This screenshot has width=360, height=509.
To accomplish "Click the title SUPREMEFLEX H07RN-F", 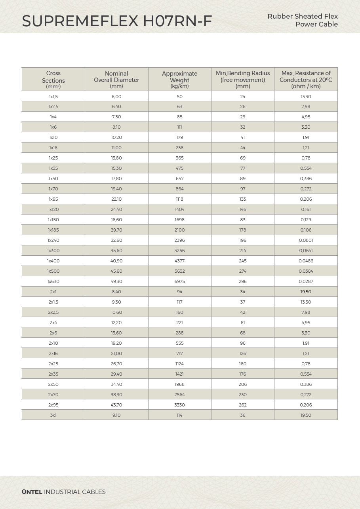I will (117, 21).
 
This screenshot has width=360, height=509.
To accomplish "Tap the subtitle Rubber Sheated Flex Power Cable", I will (303, 20).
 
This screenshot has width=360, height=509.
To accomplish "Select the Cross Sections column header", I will (53, 79).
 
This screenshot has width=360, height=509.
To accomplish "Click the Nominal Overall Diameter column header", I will (116, 79).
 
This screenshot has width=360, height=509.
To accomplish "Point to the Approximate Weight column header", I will (179, 79).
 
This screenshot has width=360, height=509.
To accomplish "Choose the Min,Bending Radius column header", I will (243, 79).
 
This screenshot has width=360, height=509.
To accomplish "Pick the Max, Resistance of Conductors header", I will (306, 79).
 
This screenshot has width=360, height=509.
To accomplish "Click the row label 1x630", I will (53, 281).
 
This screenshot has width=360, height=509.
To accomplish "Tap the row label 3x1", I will (53, 415).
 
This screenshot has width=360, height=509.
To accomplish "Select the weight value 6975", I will (179, 281).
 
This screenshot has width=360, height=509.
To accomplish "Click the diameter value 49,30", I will (116, 281).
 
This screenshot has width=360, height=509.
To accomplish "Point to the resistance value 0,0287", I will (306, 281).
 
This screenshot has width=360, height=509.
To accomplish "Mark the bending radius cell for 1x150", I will (243, 220).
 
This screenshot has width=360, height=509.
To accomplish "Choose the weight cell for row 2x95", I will (179, 405).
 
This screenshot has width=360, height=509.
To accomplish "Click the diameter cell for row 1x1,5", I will (116, 97).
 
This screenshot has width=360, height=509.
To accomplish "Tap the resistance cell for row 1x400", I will (306, 261).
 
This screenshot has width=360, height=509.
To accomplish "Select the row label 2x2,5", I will (53, 312).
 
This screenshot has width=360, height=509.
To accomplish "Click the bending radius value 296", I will (243, 281).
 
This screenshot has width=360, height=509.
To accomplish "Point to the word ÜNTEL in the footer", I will (32, 492).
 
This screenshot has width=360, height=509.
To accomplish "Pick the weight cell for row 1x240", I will (179, 240).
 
